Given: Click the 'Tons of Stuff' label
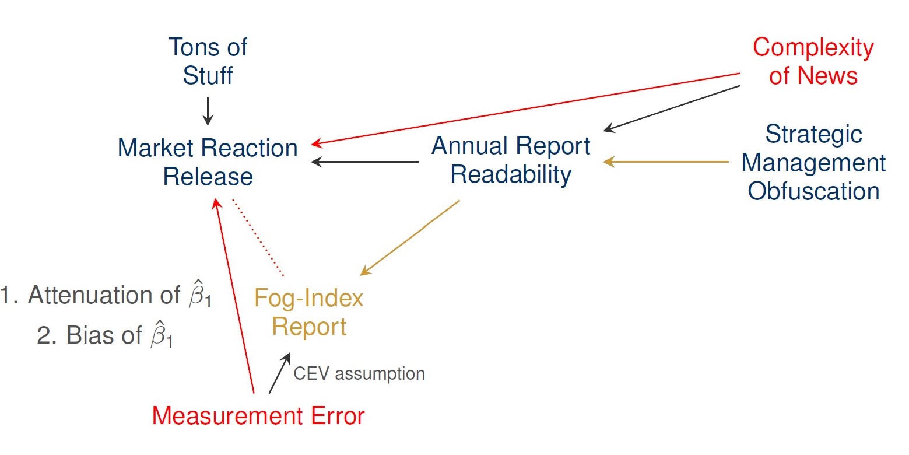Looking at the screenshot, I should [208, 61].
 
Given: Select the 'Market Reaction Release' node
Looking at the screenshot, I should [208, 162].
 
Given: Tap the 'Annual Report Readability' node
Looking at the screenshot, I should [511, 160].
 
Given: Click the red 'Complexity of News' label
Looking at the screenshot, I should [813, 61].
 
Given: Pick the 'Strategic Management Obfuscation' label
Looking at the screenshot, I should [813, 163].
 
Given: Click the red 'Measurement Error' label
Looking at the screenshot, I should [258, 416].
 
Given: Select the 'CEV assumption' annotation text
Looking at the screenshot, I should [359, 373].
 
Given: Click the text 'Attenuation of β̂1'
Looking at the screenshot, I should [105, 297].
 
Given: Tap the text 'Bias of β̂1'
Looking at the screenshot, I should [105, 337].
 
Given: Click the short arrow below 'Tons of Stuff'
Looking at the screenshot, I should [208, 111].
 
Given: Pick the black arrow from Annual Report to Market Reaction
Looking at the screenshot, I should [365, 162].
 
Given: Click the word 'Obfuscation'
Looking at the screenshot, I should [813, 191].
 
